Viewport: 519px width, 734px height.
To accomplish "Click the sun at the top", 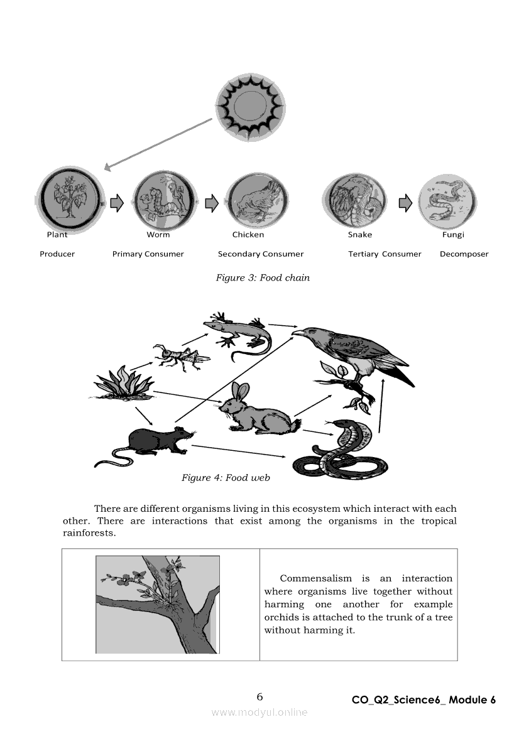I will click(x=250, y=106).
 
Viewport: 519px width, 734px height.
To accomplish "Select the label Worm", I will click(x=158, y=235).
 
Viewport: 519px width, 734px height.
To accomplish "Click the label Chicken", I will click(x=248, y=235).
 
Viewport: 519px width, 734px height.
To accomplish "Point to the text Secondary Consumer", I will click(x=260, y=254).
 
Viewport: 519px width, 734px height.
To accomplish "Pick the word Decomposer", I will click(x=464, y=254).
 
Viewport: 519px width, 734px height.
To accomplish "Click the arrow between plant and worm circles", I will click(x=117, y=203).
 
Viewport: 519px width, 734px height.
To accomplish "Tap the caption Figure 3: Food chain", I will click(x=263, y=278).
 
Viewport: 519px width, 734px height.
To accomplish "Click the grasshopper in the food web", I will click(x=181, y=357).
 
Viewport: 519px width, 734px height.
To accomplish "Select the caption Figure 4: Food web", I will click(x=226, y=478).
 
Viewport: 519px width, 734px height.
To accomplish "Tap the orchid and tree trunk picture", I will click(x=158, y=605).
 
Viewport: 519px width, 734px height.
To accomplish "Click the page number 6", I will click(x=259, y=696).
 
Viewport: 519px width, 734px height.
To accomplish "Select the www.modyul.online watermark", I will click(x=259, y=712).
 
